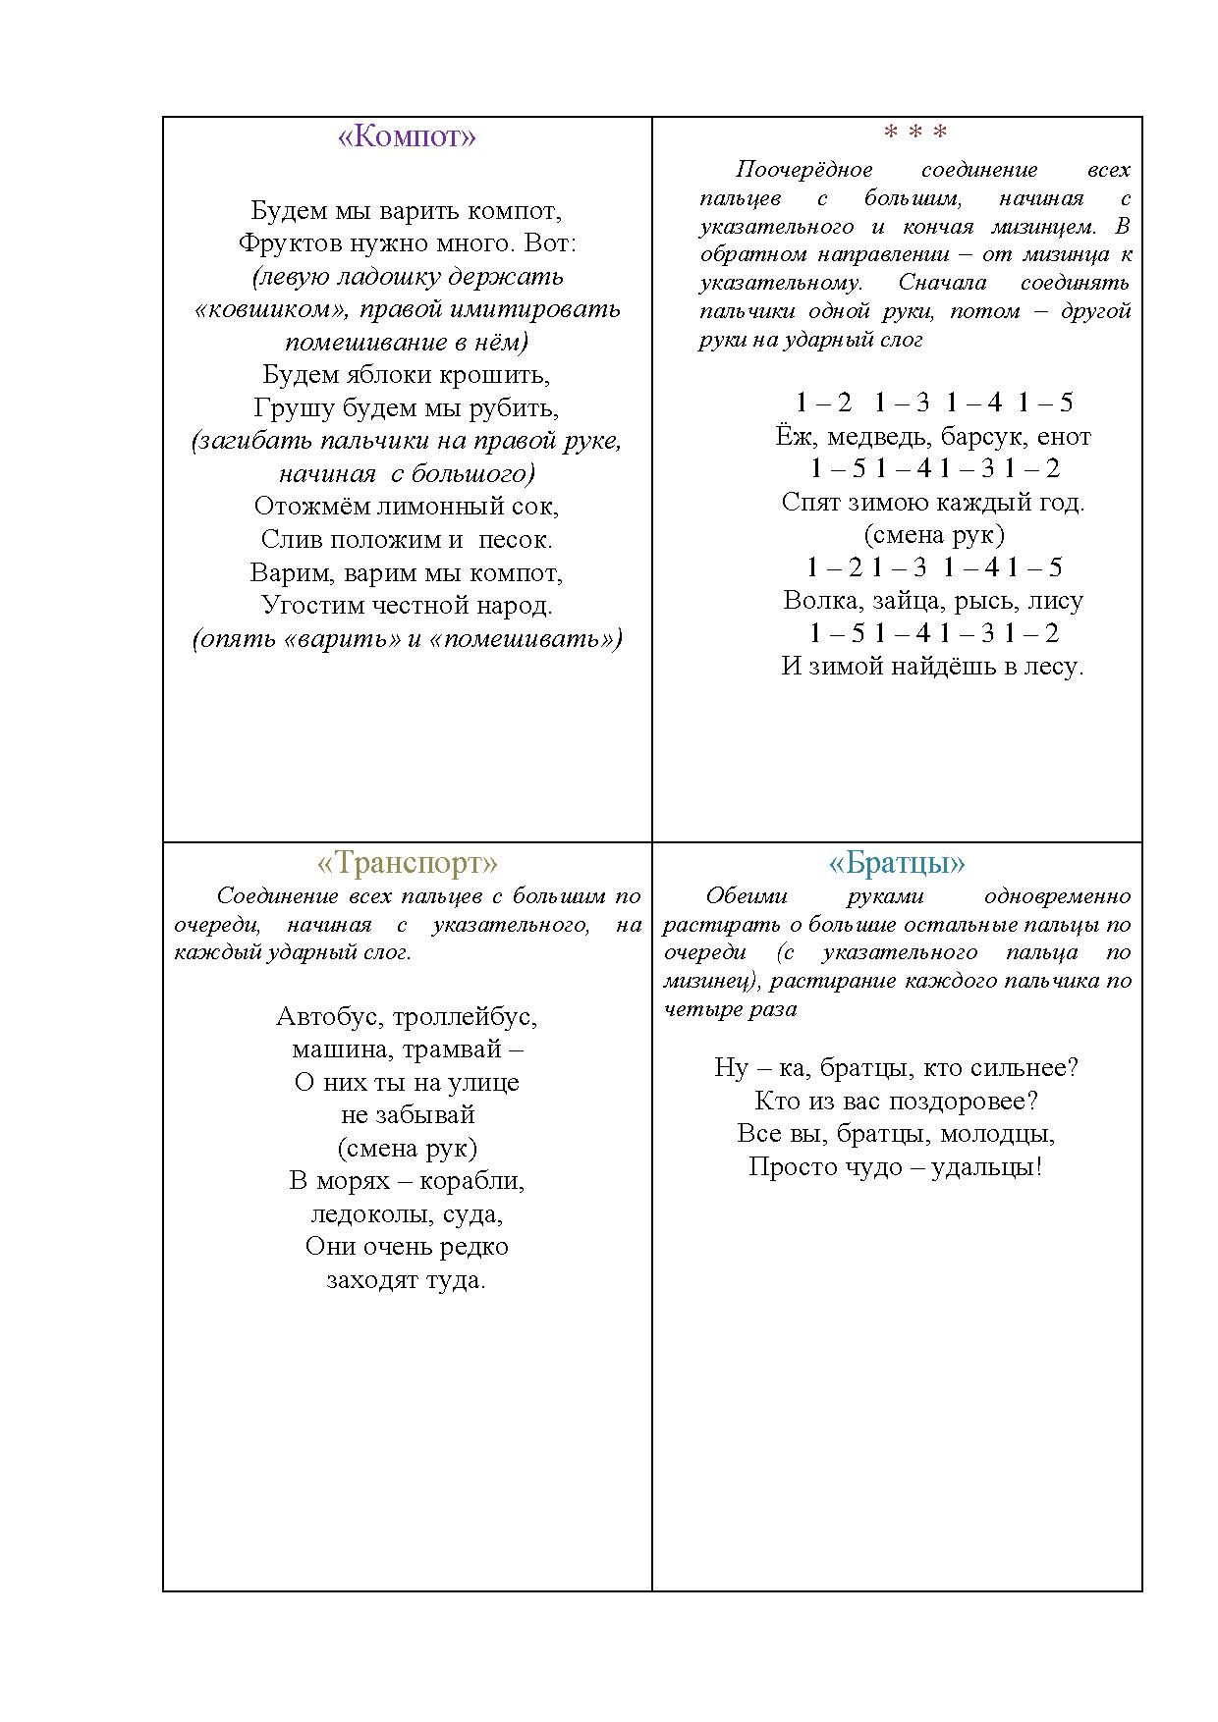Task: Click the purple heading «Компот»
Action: (407, 136)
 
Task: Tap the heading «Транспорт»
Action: (407, 863)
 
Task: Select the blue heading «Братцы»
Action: (897, 863)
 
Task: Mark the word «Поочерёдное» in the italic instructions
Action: (803, 170)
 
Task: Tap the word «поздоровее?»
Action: (963, 1102)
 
